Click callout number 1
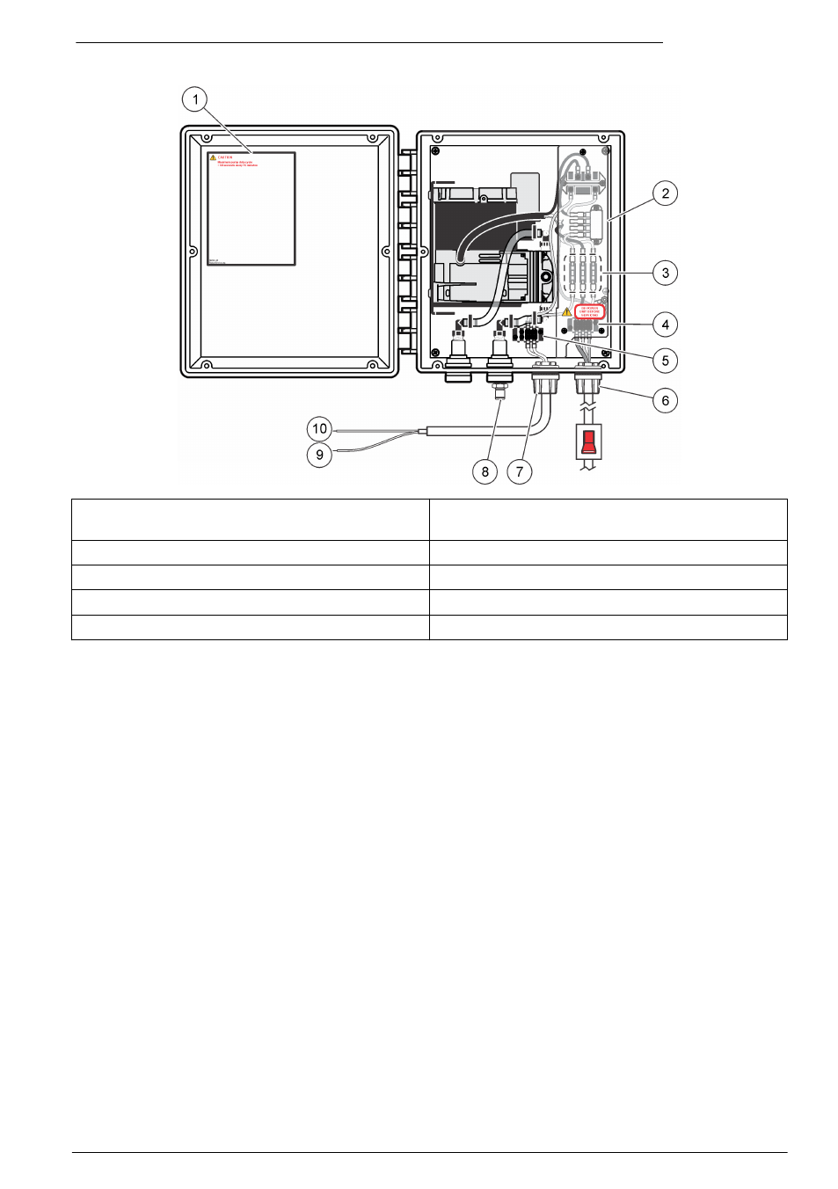click(195, 99)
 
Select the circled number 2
click(666, 193)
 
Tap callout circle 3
click(666, 273)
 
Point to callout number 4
click(666, 325)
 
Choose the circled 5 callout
click(666, 361)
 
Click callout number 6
click(666, 400)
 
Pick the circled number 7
click(520, 471)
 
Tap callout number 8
click(485, 471)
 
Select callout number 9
click(319, 455)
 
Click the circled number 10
click(319, 429)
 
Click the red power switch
click(589, 441)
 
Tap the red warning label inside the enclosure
click(589, 312)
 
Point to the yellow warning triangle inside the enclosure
click(566, 312)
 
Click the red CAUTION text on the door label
click(225, 157)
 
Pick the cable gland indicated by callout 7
click(545, 383)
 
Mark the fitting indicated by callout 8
click(499, 385)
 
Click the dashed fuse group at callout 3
click(582, 274)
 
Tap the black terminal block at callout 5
click(528, 334)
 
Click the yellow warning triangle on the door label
click(213, 157)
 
